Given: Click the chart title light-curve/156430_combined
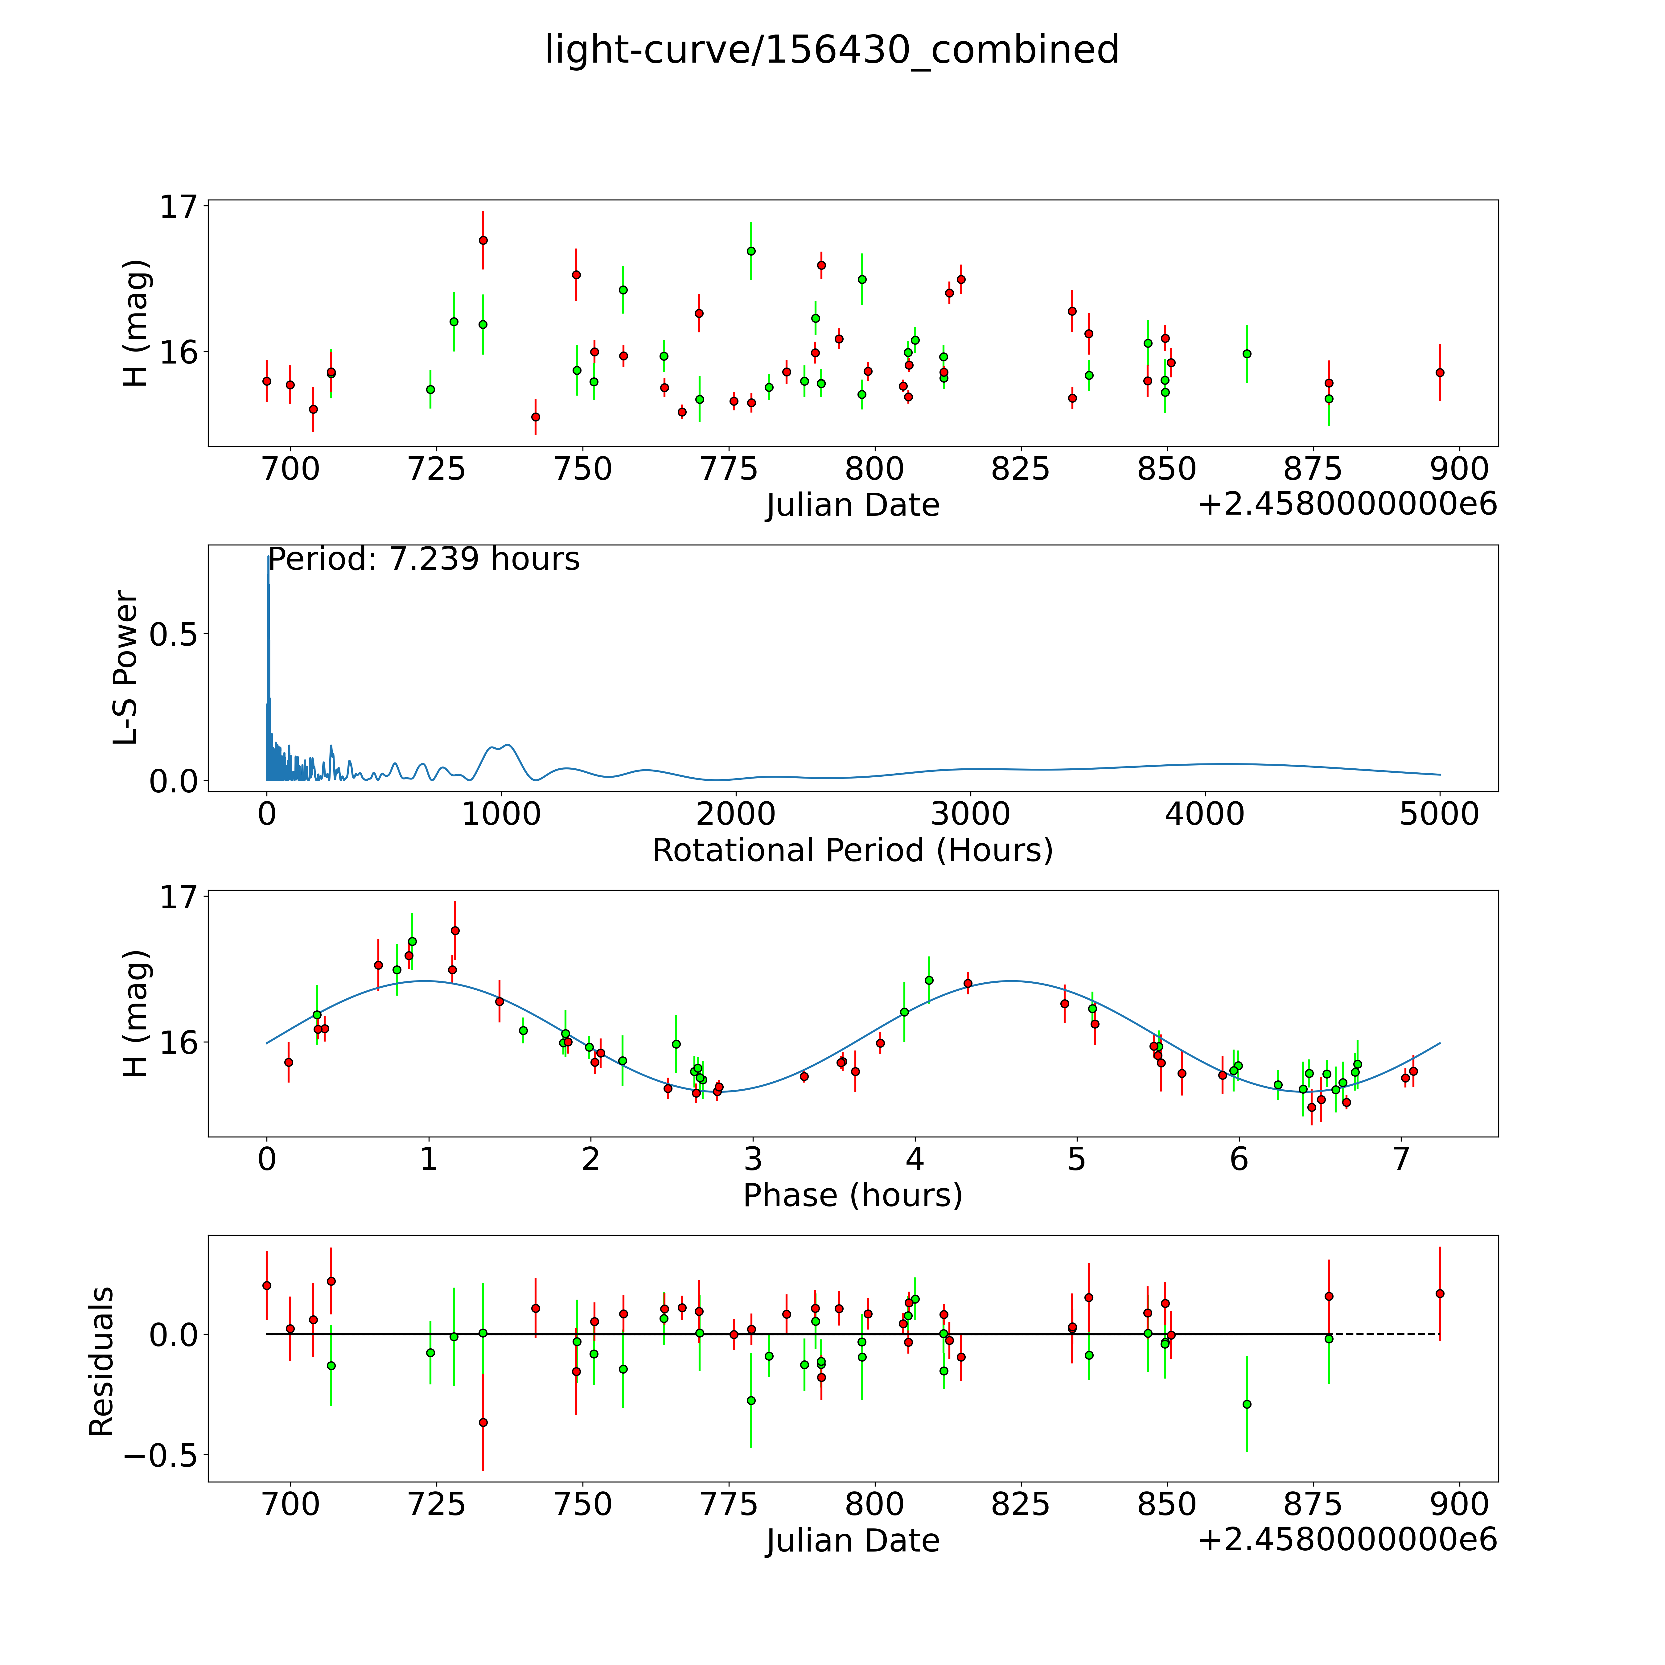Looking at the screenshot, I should pyautogui.click(x=832, y=50).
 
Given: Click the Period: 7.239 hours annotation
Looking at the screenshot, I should pyautogui.click(x=424, y=559).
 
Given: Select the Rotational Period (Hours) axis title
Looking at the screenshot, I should pyautogui.click(x=852, y=851).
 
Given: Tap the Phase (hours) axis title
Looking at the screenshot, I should pyautogui.click(x=852, y=1195).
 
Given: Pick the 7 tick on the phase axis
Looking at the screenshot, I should pyautogui.click(x=1401, y=1159).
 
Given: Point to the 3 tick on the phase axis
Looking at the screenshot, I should pyautogui.click(x=752, y=1159).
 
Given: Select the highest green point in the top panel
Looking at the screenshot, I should pyautogui.click(x=750, y=251).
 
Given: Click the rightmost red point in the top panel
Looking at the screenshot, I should pyautogui.click(x=1439, y=372).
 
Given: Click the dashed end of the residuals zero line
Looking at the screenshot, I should pyautogui.click(x=1387, y=1335).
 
